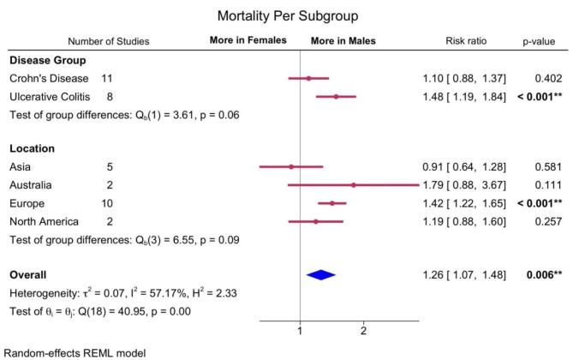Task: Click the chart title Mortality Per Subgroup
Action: [286, 15]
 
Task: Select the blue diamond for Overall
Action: [321, 274]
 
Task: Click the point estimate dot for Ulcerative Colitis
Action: [336, 97]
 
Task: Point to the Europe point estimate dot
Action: [332, 203]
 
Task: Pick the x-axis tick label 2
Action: [364, 331]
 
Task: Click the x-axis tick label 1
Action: [300, 331]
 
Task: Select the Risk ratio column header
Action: [466, 40]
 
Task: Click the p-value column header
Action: [540, 40]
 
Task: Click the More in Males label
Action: [343, 40]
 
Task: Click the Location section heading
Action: [33, 148]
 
